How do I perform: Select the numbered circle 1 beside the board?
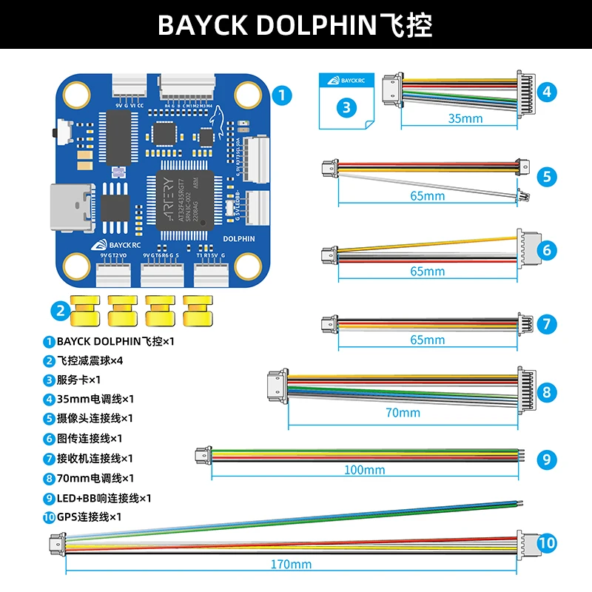coord(281,95)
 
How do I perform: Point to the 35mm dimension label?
coord(465,118)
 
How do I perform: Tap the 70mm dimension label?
coord(403,412)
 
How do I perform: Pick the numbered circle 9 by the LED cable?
coord(546,460)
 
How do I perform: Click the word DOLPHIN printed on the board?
coord(238,239)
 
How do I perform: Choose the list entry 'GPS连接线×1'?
coord(88,517)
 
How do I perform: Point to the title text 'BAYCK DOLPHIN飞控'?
coord(295,24)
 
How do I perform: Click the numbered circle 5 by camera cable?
coord(546,176)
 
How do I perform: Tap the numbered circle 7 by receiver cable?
coord(546,323)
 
